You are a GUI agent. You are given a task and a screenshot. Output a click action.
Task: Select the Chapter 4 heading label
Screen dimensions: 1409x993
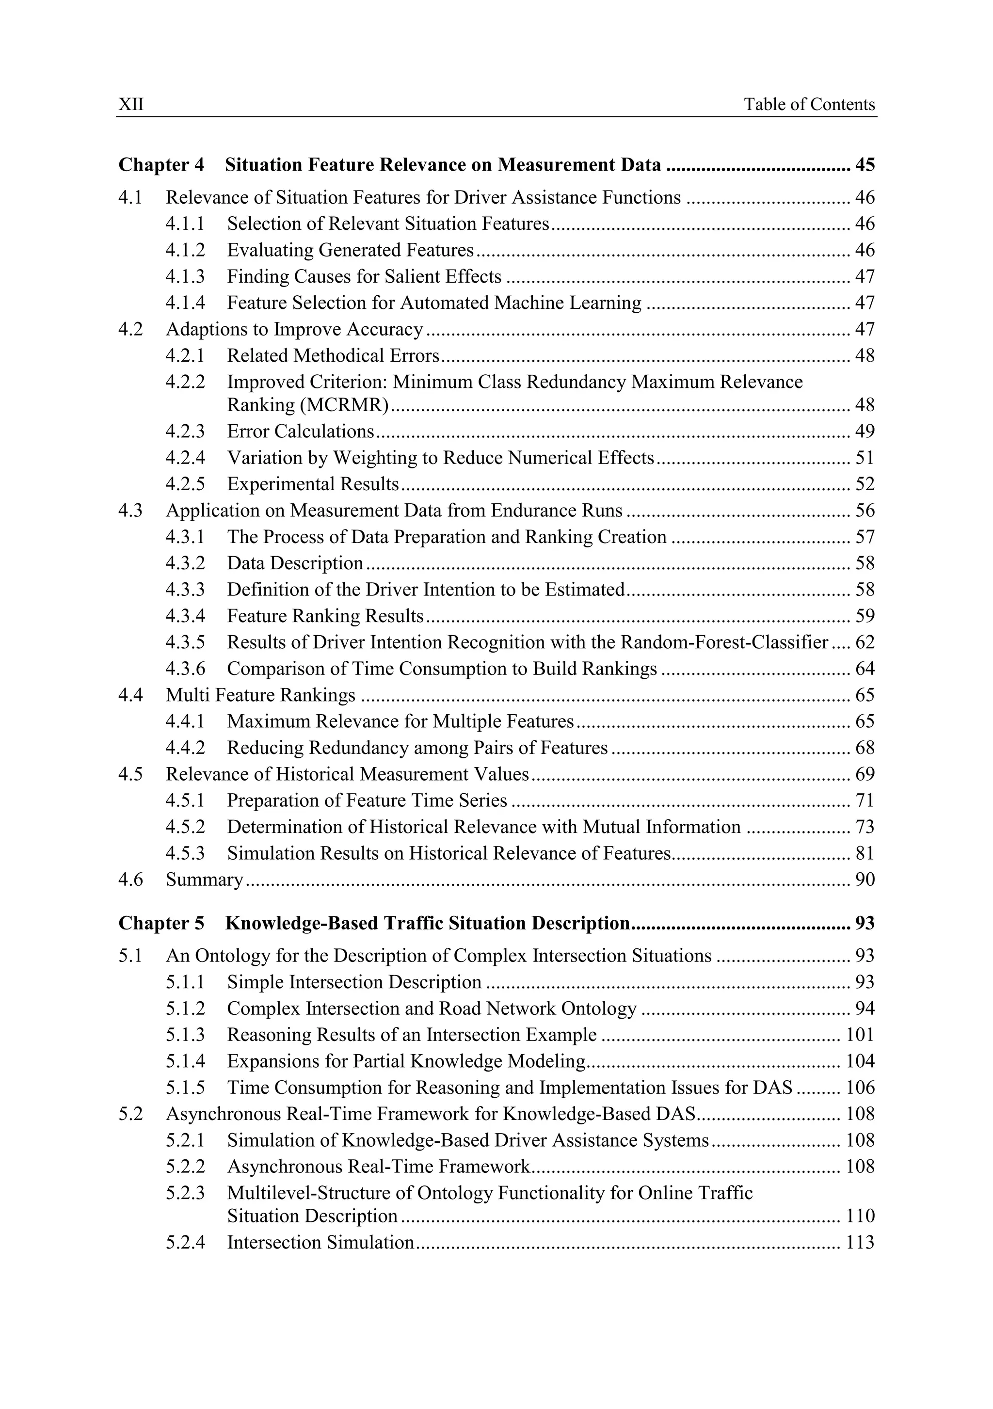[161, 165]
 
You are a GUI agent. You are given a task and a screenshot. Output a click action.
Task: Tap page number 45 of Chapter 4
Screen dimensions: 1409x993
[865, 165]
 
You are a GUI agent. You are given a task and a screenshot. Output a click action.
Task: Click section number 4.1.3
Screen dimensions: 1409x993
[185, 277]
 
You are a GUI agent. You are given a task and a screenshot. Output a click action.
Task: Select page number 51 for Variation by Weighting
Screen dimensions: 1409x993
[865, 458]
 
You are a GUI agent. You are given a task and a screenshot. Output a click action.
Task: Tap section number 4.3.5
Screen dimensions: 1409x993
[185, 642]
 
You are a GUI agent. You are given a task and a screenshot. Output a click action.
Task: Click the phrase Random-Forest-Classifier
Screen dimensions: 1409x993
[724, 642]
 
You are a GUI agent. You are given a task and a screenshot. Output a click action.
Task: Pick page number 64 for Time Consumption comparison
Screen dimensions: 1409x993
[865, 669]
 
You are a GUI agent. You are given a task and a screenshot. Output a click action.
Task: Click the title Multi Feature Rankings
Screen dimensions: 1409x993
[260, 695]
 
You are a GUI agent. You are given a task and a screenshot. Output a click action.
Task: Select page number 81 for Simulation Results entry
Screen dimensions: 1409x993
[865, 854]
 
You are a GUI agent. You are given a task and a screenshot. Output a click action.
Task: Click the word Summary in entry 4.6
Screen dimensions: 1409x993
[204, 880]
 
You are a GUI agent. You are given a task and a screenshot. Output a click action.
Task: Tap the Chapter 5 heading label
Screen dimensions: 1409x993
[161, 924]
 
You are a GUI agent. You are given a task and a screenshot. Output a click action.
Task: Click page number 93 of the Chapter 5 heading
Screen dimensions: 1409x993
[865, 924]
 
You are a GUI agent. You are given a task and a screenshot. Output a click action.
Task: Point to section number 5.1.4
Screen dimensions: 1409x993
[185, 1062]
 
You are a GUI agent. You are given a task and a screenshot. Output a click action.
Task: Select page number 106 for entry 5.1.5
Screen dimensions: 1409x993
[860, 1088]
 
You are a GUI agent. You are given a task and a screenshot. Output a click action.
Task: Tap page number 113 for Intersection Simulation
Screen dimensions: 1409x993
[860, 1243]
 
